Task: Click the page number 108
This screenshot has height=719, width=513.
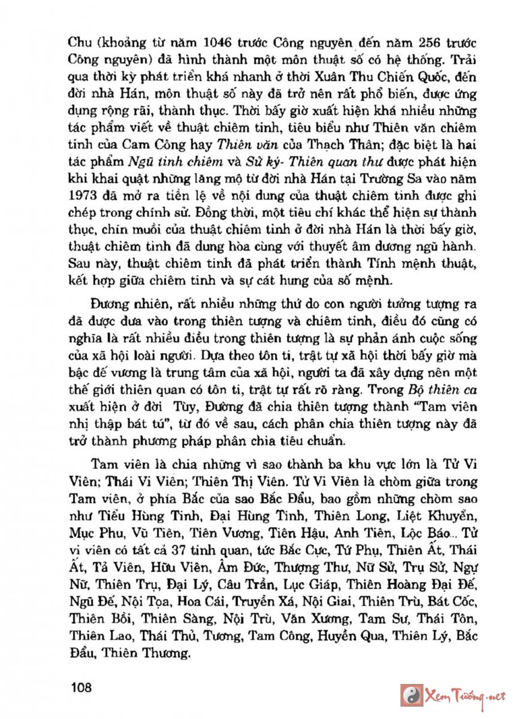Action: coord(80,688)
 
